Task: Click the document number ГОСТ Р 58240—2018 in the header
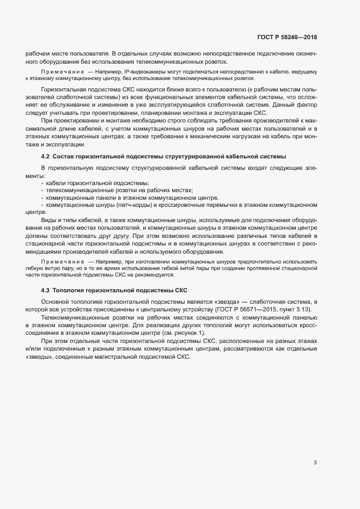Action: (287, 38)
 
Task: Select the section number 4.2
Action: (46, 157)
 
